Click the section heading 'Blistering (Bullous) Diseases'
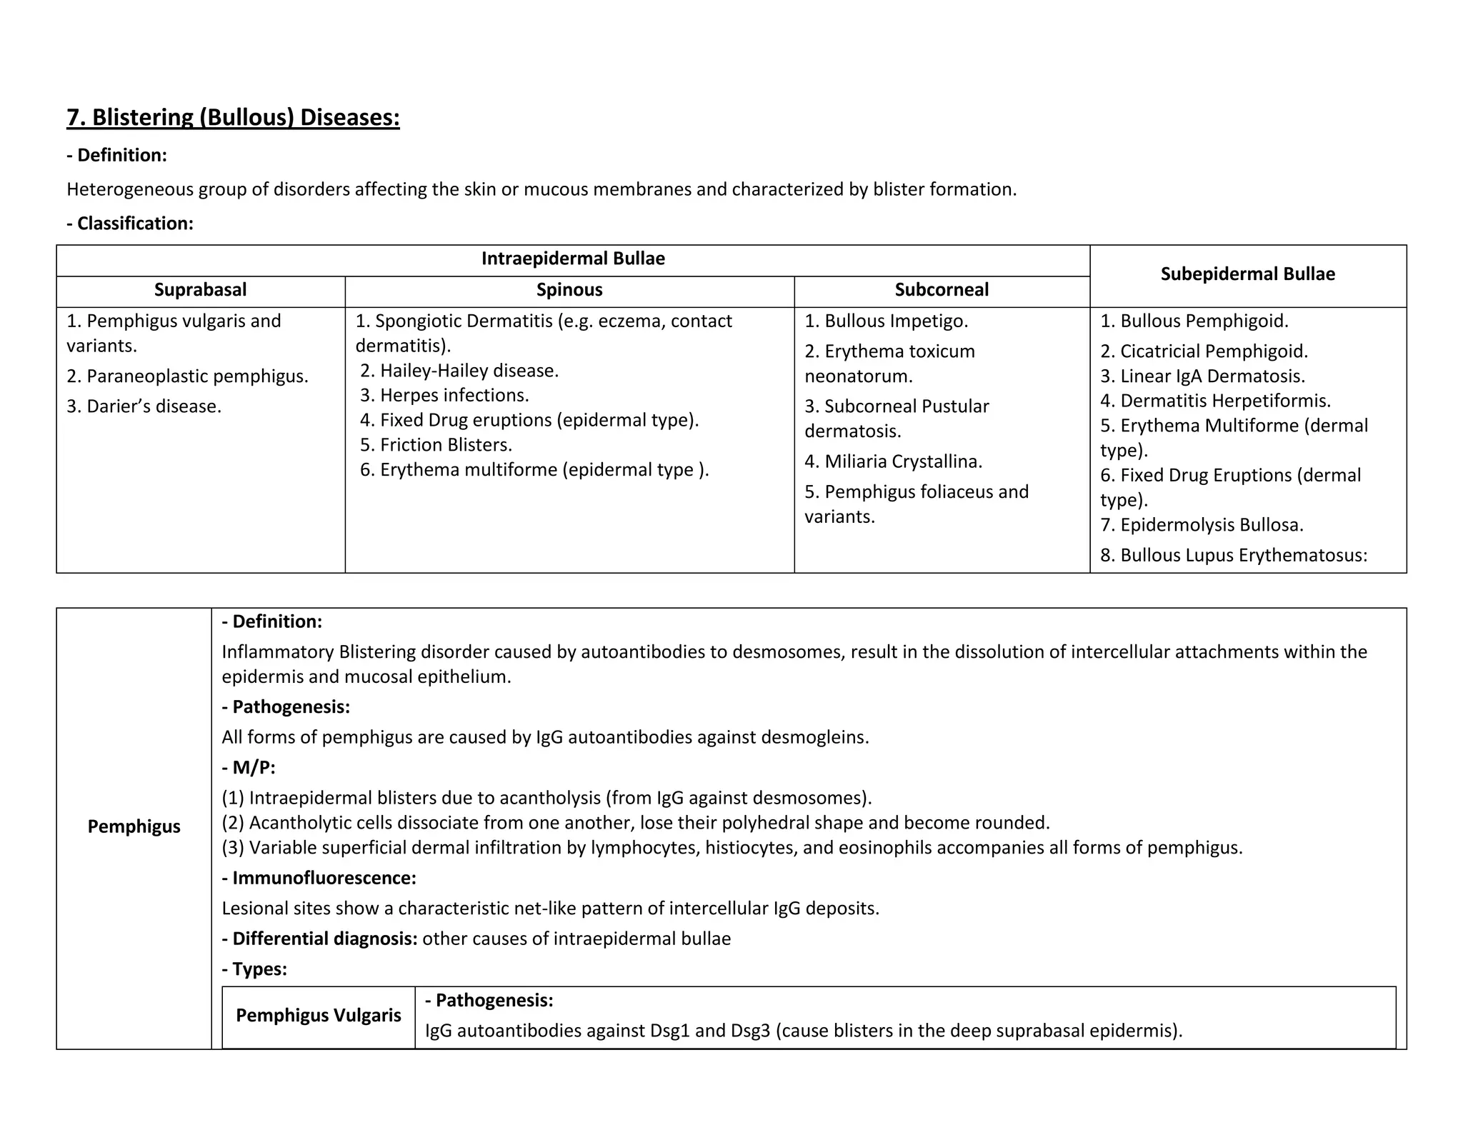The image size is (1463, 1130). [233, 117]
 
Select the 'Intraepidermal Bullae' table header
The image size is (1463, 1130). [573, 259]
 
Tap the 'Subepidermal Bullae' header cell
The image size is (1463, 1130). [1247, 274]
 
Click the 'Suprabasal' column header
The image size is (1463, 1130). [200, 290]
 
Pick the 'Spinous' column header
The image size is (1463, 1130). [569, 290]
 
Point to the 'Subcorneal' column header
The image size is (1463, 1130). [942, 290]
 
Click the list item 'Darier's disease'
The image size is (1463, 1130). [144, 406]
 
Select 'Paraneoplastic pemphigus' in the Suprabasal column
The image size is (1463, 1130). [187, 376]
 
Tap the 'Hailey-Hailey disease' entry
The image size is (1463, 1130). [459, 371]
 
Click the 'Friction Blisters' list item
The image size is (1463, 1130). [436, 445]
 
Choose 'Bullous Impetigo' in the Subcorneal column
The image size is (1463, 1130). [886, 321]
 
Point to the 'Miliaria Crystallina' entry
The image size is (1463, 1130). [893, 462]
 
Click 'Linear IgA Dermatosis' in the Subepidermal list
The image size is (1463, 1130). [1202, 376]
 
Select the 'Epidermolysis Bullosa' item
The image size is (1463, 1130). [1202, 526]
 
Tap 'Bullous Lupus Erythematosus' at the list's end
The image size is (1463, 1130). [1233, 556]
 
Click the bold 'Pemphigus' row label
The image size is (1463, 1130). [134, 827]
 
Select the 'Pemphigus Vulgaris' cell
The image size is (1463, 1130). [319, 1016]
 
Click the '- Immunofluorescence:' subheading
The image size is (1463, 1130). [319, 879]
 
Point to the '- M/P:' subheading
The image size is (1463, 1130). [249, 769]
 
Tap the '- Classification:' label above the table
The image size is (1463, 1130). [130, 224]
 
